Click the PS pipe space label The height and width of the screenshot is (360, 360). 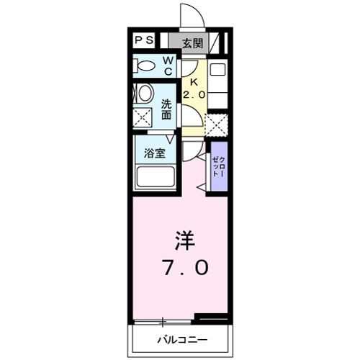144,40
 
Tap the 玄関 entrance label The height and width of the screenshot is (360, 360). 193,43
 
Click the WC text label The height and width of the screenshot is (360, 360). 168,66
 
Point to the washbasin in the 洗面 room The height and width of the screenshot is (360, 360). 145,93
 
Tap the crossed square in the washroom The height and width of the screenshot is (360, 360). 143,117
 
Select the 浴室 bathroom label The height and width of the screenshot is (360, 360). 155,153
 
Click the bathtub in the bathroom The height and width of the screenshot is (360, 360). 156,177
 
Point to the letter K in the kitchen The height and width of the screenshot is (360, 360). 194,82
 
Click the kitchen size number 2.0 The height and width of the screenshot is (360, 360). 194,95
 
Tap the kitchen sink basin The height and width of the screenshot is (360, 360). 217,69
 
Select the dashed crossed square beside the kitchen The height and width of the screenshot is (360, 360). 217,125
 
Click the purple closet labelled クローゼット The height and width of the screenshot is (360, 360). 219,166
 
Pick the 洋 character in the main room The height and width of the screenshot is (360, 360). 185,240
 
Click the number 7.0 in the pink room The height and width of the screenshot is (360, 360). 186,268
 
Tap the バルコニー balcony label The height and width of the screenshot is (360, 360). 182,340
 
